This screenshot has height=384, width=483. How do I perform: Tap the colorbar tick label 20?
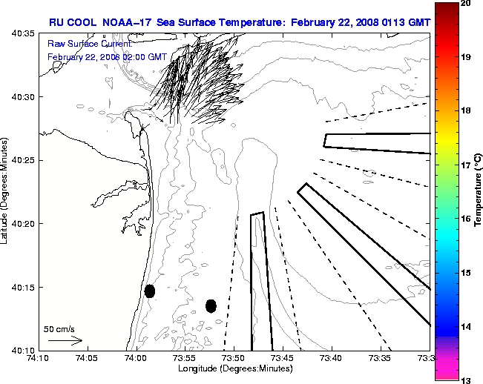click(x=465, y=4)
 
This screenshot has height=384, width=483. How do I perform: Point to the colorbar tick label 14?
click(x=465, y=326)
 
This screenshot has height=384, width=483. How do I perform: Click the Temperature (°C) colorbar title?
click(x=479, y=191)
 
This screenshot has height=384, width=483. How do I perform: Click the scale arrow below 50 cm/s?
click(x=65, y=340)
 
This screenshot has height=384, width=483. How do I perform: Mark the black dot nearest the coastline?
click(x=150, y=291)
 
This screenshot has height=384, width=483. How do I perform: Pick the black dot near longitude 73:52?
click(x=211, y=305)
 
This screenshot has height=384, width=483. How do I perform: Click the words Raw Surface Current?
click(x=81, y=44)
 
